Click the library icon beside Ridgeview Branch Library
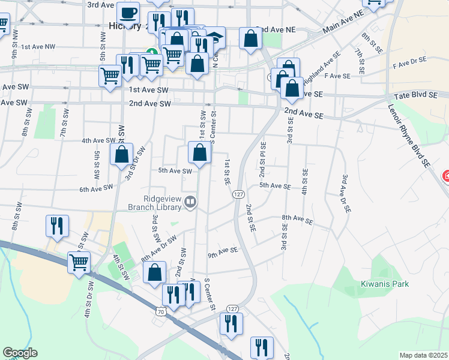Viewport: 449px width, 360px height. [191, 202]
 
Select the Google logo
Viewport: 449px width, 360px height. [20, 353]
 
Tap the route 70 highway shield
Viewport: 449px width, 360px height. [160, 311]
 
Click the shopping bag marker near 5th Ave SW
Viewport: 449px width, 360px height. [200, 154]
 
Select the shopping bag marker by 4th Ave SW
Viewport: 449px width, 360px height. [122, 154]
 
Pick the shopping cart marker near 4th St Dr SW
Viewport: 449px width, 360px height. [79, 263]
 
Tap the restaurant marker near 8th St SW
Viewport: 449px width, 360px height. [57, 226]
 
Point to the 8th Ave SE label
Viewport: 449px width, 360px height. [298, 220]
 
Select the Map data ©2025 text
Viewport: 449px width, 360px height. [423, 355]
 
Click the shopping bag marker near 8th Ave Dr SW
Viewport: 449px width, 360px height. [155, 272]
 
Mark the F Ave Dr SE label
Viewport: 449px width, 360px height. [409, 61]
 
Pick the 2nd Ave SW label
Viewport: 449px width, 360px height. [150, 104]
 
